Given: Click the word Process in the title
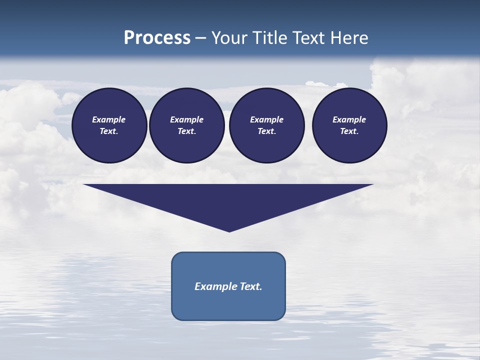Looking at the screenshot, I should [157, 38].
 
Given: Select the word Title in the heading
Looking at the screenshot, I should [270, 38].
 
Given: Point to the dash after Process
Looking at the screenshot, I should [201, 38].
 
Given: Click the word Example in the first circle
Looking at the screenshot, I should [109, 119].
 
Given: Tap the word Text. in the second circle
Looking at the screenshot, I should [187, 131].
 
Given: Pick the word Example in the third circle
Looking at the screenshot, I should [267, 119].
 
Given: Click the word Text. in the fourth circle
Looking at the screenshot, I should [349, 131].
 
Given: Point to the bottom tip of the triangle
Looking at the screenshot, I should [229, 230].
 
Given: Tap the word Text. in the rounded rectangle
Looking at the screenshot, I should [251, 286].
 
